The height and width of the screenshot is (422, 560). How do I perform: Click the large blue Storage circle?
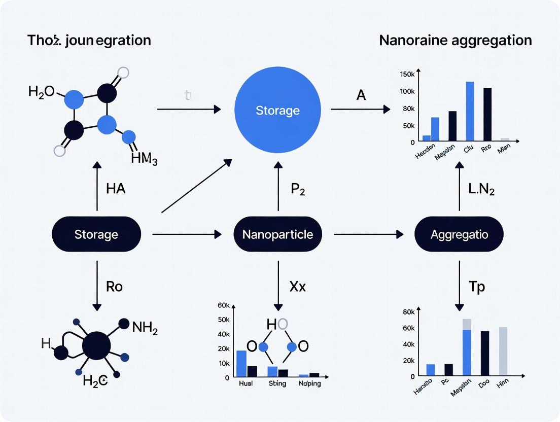point(277,110)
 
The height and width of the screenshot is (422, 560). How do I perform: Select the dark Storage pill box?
point(96,234)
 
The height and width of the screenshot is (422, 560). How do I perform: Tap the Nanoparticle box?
point(277,234)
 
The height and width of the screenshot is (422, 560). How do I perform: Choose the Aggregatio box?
point(459,234)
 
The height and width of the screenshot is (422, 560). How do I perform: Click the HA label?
point(116,189)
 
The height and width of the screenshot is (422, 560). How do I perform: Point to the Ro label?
point(114,286)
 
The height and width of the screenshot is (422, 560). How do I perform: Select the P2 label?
point(298,189)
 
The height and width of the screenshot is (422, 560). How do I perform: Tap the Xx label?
point(297,286)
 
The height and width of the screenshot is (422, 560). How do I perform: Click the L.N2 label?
point(480,189)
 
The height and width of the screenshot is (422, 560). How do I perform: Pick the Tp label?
point(477,286)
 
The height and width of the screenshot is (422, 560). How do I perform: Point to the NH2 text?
point(145,328)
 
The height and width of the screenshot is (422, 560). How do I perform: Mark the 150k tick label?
point(407,75)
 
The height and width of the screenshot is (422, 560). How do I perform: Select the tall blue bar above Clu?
point(470,111)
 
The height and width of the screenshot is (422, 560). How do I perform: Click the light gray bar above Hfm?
point(503,351)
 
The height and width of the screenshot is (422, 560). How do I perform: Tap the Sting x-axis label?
point(277,383)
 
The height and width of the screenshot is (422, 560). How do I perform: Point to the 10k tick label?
point(223,363)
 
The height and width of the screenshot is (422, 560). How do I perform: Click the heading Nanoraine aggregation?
point(456,40)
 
